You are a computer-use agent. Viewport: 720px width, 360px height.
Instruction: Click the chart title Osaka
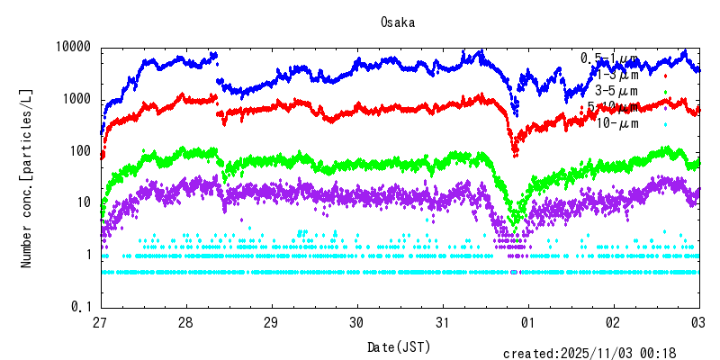[398, 22]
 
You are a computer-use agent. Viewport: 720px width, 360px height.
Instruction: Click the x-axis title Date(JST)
[398, 346]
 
